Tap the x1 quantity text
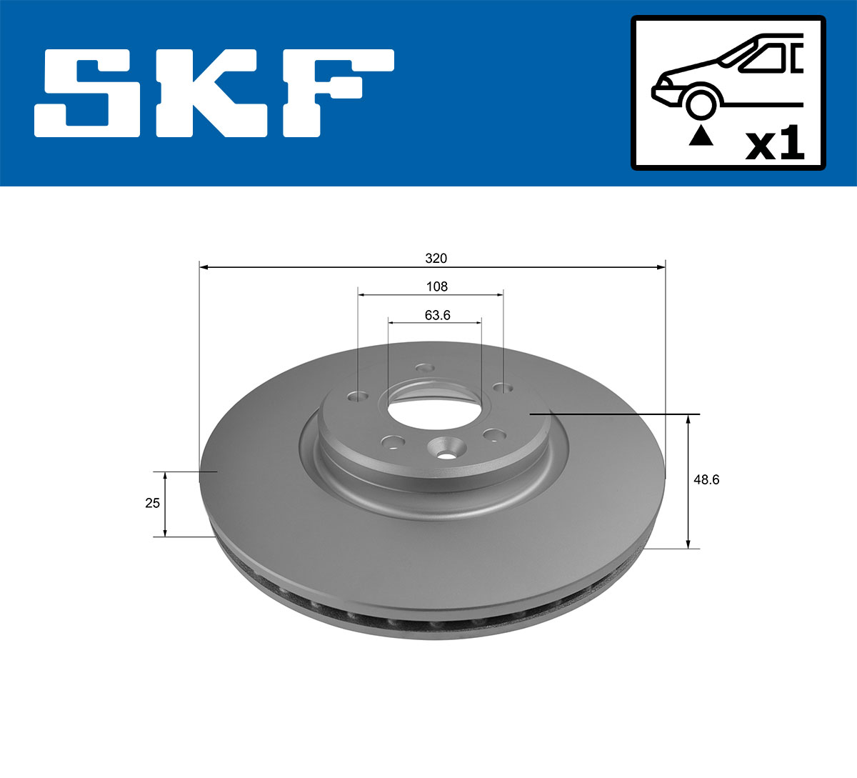pyautogui.click(x=775, y=144)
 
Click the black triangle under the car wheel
pyautogui.click(x=701, y=135)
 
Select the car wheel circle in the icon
pyautogui.click(x=701, y=102)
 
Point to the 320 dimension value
pyautogui.click(x=436, y=258)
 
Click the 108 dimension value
pyautogui.click(x=436, y=286)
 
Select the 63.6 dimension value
pyautogui.click(x=437, y=314)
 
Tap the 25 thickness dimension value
pyautogui.click(x=152, y=503)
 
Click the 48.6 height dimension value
pyautogui.click(x=706, y=480)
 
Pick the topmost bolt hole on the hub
pyautogui.click(x=425, y=369)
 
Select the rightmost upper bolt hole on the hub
pyautogui.click(x=503, y=389)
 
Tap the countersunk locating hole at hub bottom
pyautogui.click(x=444, y=450)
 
